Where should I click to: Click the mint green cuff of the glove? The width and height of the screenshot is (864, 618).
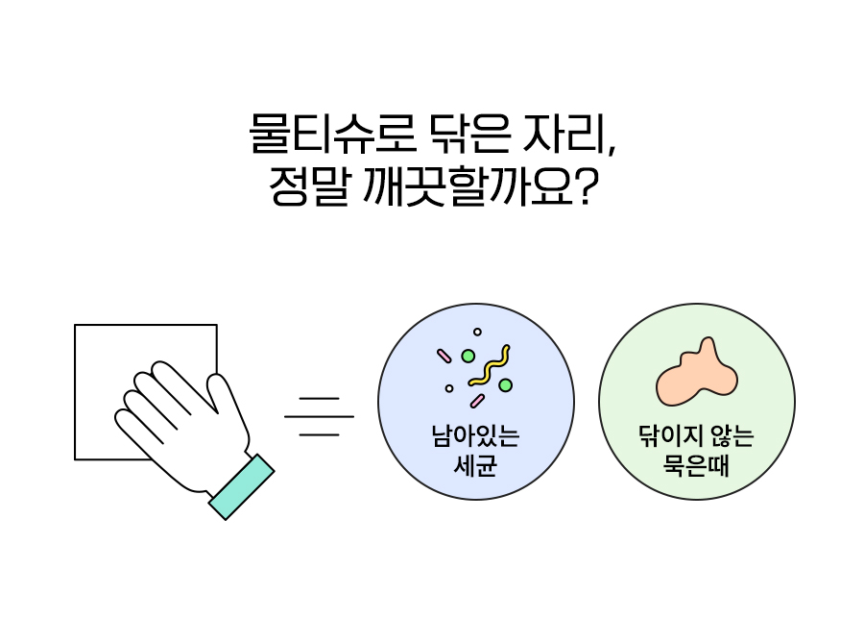241,486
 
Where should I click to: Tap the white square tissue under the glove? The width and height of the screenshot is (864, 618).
106,365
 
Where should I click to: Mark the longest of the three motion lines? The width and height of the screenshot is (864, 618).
319,416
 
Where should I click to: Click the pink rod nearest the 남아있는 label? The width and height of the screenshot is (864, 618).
477,400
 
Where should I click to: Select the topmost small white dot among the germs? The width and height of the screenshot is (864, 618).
477,332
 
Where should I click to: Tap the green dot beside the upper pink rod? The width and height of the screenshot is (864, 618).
468,356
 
